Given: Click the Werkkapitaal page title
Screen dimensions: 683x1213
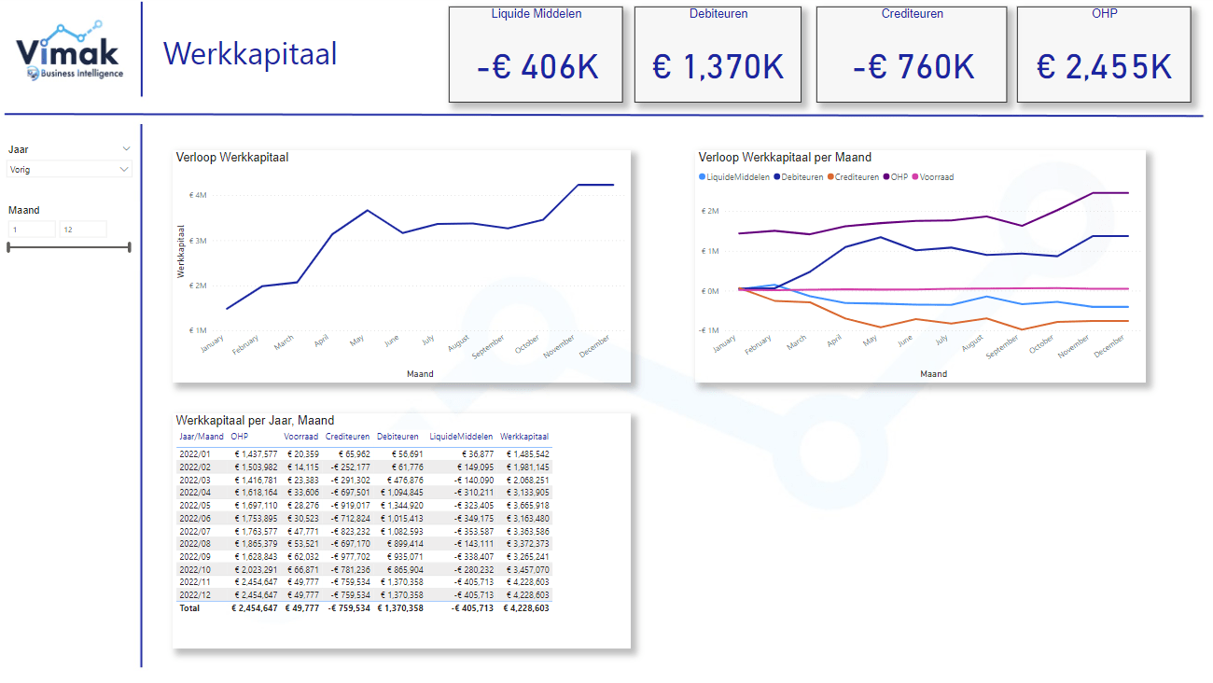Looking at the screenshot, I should (250, 54).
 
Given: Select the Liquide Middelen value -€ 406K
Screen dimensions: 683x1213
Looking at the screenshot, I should (537, 67).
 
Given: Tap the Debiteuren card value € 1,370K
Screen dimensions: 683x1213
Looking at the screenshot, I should (718, 67).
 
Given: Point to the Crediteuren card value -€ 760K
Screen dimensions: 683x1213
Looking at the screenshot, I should (913, 67).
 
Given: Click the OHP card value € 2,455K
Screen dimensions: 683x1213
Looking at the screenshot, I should (1104, 67).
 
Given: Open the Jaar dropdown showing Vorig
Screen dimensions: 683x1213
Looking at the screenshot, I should (69, 170).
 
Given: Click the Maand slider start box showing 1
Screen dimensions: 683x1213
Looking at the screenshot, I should (31, 229).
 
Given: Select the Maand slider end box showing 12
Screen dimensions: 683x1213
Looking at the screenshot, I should (82, 229).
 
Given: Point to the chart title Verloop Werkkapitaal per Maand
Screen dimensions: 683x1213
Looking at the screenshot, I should (785, 157).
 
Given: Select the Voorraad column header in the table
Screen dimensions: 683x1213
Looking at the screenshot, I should (300, 436).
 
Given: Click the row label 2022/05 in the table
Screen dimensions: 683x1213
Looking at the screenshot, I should (195, 505).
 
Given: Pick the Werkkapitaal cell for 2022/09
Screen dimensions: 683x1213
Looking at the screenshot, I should (526, 556).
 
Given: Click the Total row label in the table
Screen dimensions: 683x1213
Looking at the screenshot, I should (190, 607).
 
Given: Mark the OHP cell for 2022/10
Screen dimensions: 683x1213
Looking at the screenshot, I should (254, 569).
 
